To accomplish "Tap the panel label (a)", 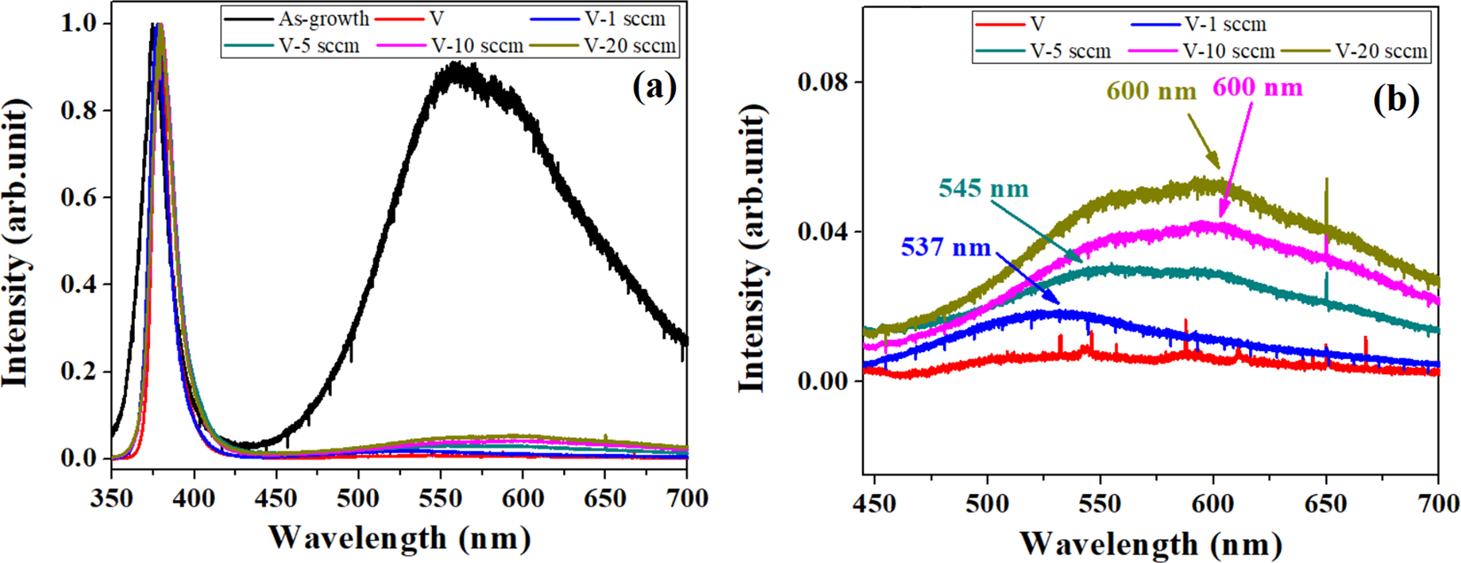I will point(655,87).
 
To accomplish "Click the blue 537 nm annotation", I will point(946,246).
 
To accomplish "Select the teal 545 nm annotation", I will point(984,189).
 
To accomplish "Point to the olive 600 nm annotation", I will point(1152,90).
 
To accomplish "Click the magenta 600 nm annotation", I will point(1258,87).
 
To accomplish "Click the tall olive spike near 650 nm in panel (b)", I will point(1326,181).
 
